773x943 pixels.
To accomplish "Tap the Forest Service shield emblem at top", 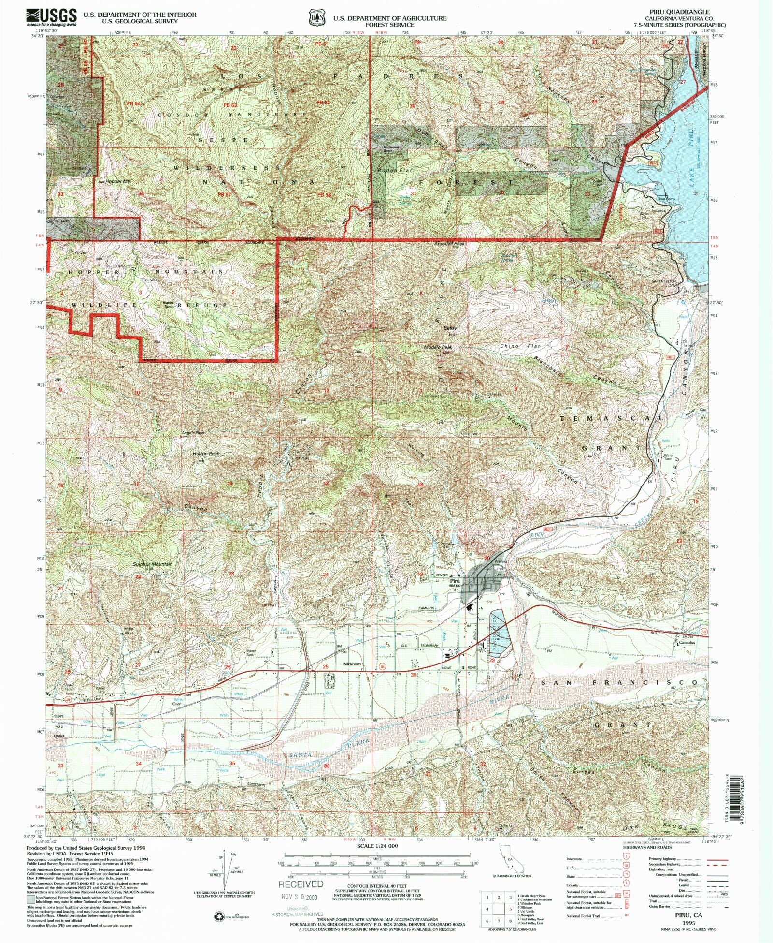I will pyautogui.click(x=317, y=17).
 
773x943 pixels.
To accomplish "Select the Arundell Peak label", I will pyautogui.click(x=449, y=244).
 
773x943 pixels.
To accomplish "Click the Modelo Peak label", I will pyautogui.click(x=438, y=347).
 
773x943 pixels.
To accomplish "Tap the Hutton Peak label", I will pyautogui.click(x=206, y=454).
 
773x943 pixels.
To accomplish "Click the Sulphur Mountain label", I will pyautogui.click(x=152, y=564).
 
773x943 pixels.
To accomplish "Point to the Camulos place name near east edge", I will pyautogui.click(x=688, y=643).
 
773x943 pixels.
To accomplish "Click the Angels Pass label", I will pyautogui.click(x=193, y=433).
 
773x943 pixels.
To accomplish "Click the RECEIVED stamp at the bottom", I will pyautogui.click(x=301, y=884).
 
